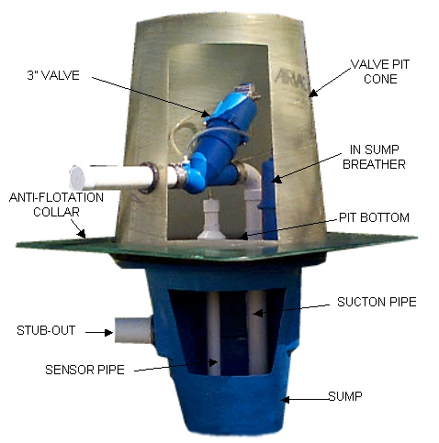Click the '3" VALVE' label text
53,75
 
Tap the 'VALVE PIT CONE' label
380,72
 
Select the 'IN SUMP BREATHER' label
374,157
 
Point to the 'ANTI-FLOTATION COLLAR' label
56,205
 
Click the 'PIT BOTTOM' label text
374,217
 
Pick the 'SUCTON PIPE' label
377,302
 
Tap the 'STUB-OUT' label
46,330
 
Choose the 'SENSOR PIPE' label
84,370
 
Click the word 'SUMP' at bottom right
345,396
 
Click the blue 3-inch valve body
219,144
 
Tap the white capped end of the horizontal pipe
76,178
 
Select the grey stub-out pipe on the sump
134,330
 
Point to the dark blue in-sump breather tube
269,199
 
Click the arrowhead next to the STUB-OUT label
108,332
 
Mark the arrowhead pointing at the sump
286,399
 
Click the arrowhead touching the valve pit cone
313,93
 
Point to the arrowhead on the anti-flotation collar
82,234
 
